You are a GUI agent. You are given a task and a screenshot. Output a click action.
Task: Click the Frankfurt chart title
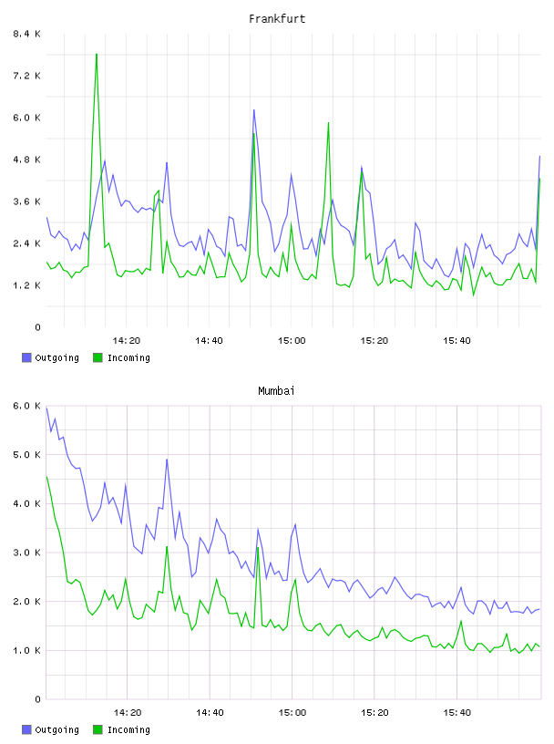pos(277,19)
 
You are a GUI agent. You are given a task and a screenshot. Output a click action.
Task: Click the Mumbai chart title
pos(276,391)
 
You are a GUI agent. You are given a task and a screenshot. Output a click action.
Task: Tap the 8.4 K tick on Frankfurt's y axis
pos(27,34)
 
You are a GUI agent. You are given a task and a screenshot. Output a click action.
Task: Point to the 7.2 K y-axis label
pos(27,76)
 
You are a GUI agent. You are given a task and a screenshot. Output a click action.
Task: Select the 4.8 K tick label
pos(27,160)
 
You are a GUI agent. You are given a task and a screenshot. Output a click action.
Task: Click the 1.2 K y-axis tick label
pos(27,285)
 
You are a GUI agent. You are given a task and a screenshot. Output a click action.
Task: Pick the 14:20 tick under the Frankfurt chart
pos(127,341)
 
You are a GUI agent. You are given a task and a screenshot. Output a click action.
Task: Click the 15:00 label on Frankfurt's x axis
pos(292,341)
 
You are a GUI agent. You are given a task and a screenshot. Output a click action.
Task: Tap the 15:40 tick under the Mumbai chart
pos(457,713)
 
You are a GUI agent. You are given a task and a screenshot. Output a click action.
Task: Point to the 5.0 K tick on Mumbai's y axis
pos(27,455)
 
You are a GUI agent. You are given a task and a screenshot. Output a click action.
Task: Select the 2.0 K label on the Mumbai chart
pos(27,602)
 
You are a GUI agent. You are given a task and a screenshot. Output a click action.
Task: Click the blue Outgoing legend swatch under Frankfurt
pos(26,357)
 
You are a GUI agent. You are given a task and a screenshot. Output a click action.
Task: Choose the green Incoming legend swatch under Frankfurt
pos(97,357)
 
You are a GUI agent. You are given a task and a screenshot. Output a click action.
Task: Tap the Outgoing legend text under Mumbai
pos(56,729)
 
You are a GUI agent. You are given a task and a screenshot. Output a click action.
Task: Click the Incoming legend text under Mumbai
pos(128,729)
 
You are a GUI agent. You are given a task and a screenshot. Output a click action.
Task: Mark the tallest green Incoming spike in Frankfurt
pos(97,54)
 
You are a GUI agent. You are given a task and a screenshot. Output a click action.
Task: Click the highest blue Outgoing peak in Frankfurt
pos(253,110)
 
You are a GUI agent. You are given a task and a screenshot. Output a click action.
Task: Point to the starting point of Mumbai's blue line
pos(46,408)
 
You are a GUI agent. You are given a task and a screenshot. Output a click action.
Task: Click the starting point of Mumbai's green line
pos(46,476)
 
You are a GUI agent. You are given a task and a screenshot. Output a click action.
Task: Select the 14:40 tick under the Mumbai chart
pos(210,713)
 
